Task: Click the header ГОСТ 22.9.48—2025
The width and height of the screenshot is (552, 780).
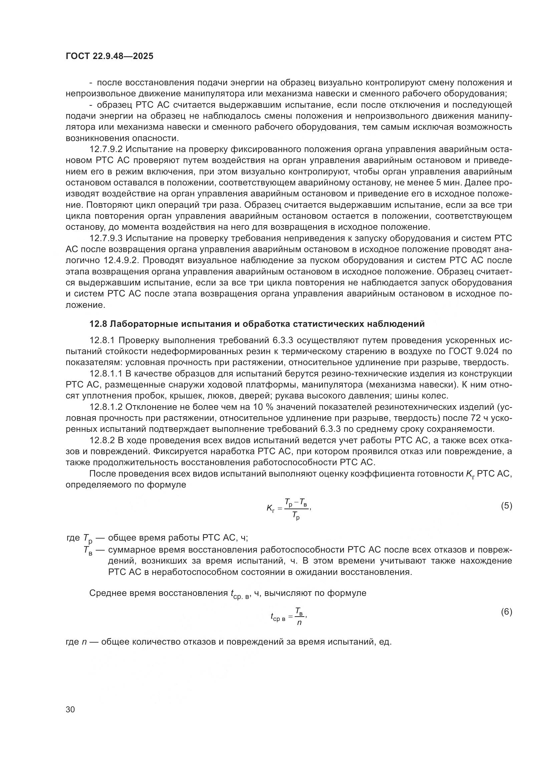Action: (x=109, y=56)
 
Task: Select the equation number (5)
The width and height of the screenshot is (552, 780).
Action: (x=506, y=506)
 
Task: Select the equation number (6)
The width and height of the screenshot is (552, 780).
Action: (x=506, y=612)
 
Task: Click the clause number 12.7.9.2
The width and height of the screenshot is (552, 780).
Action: (x=107, y=149)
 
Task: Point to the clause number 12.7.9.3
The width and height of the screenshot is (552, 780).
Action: (x=107, y=238)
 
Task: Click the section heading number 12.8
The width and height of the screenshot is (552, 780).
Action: (x=98, y=324)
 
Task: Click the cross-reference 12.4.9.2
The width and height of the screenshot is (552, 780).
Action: (x=121, y=260)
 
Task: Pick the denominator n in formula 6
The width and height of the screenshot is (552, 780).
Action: (x=299, y=623)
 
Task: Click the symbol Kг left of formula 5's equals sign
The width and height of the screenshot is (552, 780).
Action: (x=271, y=509)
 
